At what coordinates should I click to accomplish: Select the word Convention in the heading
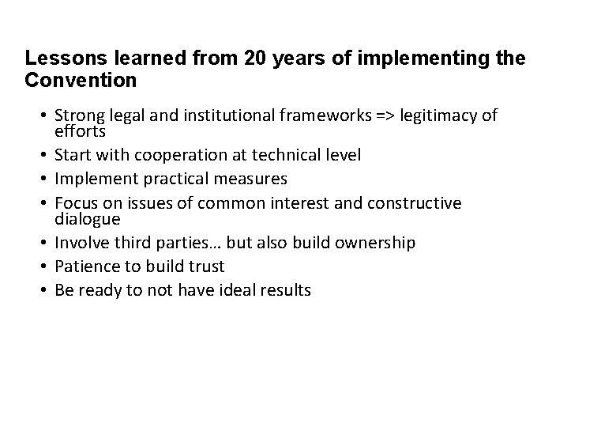(81, 80)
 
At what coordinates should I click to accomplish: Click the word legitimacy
(438, 116)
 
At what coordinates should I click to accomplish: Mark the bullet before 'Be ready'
(43, 290)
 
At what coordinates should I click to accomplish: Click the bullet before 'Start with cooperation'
(43, 155)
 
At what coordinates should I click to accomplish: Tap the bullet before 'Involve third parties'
(43, 242)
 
